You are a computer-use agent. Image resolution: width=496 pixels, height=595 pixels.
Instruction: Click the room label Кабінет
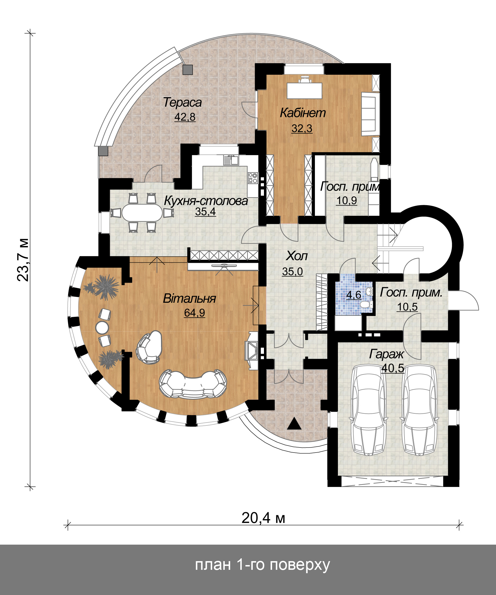click(x=303, y=113)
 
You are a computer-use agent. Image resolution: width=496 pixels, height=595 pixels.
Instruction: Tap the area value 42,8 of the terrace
click(x=185, y=117)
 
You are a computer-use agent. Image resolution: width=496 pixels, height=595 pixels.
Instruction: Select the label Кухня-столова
click(x=206, y=201)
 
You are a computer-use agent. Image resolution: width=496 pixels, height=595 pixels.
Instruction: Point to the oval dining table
click(x=142, y=212)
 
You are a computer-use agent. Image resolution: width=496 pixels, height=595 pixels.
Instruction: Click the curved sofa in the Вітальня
click(x=193, y=384)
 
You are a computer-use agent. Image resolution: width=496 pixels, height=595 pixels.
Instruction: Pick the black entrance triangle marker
click(x=294, y=424)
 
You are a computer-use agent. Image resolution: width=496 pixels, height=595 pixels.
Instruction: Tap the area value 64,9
click(x=195, y=313)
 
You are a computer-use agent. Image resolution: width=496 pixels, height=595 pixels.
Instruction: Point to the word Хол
click(x=296, y=256)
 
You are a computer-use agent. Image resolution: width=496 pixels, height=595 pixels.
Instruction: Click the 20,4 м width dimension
click(x=263, y=518)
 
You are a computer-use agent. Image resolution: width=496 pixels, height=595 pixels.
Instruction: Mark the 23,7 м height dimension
click(x=23, y=259)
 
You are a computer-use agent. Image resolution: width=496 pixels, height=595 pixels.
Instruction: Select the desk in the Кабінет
click(x=305, y=90)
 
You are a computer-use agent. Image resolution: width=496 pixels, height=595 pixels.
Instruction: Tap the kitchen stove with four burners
click(x=252, y=178)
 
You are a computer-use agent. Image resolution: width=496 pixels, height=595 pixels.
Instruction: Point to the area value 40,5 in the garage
click(x=392, y=368)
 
